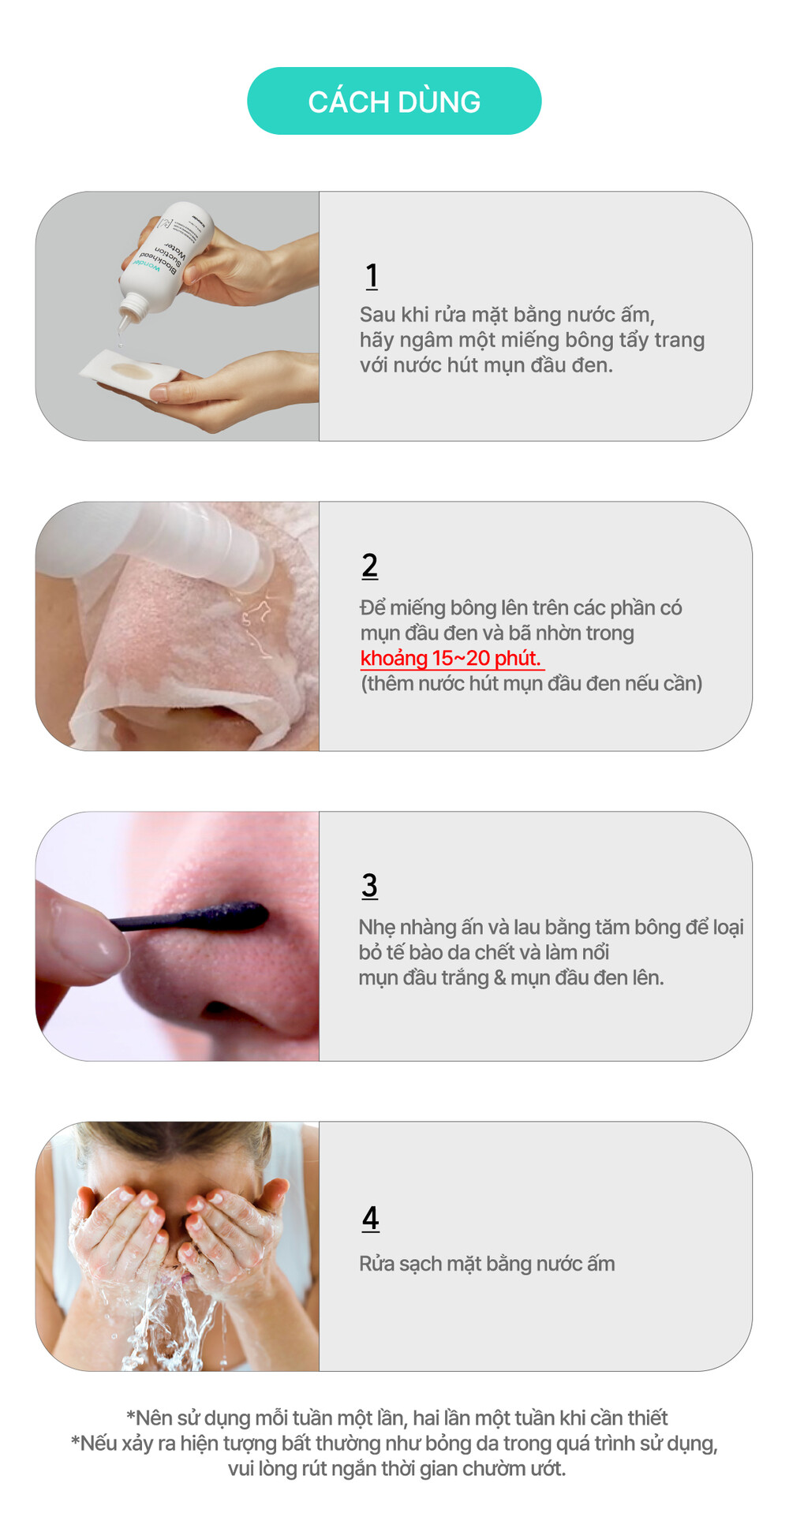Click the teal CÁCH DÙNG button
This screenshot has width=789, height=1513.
[x=394, y=101]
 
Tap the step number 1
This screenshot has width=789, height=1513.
[x=372, y=276]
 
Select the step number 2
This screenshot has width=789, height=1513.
[x=370, y=566]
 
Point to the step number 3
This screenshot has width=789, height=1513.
[x=370, y=885]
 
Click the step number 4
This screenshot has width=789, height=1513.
[x=371, y=1219]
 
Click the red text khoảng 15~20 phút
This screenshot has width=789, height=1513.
[x=451, y=659]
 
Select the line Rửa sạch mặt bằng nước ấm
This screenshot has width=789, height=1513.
[x=487, y=1264]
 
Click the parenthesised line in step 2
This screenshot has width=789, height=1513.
[x=532, y=683]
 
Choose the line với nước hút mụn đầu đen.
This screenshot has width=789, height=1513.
[x=486, y=365]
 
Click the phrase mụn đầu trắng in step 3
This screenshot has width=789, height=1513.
[x=424, y=978]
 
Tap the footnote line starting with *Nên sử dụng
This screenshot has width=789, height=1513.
[x=397, y=1418]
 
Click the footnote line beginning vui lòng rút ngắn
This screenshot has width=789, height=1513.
[x=397, y=1468]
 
